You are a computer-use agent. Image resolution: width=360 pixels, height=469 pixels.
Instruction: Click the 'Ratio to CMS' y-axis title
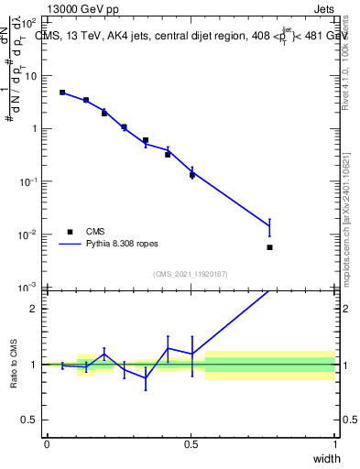[x=15, y=365]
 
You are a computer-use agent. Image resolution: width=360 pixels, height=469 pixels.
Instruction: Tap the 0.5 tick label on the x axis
[x=191, y=444]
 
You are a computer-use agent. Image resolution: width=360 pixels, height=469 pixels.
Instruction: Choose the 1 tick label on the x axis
[x=334, y=444]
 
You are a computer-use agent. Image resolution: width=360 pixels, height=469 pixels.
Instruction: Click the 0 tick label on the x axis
[x=47, y=444]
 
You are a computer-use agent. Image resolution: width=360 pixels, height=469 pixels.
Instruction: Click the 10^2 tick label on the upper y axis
[x=29, y=23]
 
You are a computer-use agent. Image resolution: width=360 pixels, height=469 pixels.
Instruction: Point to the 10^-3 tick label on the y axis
[x=29, y=288]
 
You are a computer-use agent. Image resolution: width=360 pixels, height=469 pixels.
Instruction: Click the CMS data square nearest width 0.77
[x=269, y=247]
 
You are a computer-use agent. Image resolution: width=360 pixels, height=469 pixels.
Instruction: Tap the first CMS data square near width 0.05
[x=62, y=93]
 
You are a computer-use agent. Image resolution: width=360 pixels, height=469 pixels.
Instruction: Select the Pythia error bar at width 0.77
[x=269, y=225]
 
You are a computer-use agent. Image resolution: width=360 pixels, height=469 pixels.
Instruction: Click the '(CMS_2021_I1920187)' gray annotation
[x=191, y=274]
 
